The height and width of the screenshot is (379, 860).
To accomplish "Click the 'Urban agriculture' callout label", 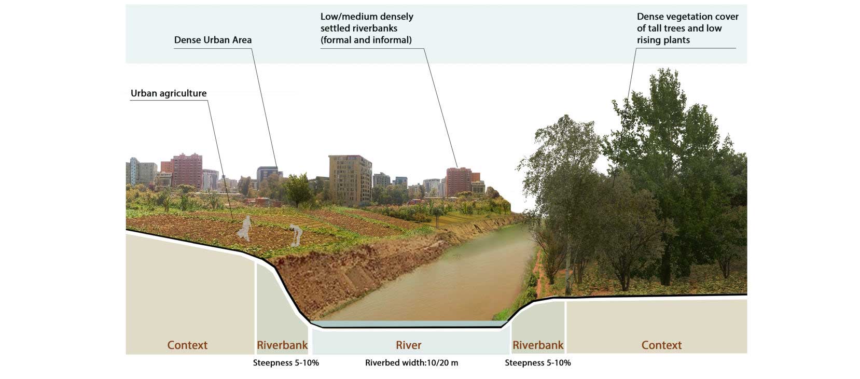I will tap(169, 93).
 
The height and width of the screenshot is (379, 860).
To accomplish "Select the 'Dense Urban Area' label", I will tap(213, 40).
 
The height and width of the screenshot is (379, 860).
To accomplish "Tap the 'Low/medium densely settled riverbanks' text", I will tap(367, 28).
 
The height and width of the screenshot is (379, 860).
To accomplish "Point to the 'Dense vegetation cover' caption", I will tap(687, 28).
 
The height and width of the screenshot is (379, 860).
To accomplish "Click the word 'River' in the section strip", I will tap(409, 345).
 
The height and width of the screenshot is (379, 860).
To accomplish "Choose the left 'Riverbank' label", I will tap(282, 345).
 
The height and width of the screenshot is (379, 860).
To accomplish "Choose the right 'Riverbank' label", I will tap(538, 345).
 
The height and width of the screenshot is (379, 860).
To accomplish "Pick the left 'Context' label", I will tap(187, 345).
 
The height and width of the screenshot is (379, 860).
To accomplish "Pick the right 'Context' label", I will tap(661, 345).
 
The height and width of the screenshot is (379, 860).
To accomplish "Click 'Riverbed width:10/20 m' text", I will tap(411, 363).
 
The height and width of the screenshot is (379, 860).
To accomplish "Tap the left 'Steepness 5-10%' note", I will tap(286, 363).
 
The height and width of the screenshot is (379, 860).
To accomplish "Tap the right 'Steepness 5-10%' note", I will tap(538, 363).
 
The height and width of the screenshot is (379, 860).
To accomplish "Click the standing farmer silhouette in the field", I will tap(245, 228).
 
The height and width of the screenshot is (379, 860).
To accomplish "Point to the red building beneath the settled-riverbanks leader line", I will tap(459, 181).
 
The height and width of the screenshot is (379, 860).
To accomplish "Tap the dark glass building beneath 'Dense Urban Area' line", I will tap(267, 176).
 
